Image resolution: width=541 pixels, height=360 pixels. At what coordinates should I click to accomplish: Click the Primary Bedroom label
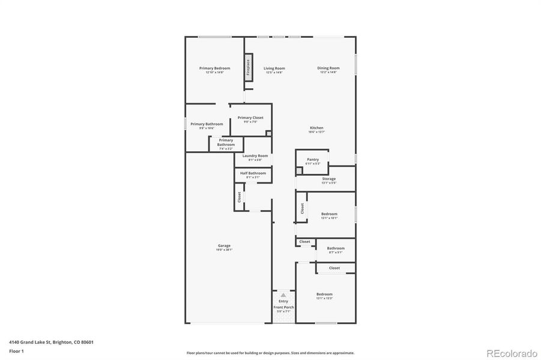tap(214, 68)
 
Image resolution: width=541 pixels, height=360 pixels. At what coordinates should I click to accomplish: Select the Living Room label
tap(274, 68)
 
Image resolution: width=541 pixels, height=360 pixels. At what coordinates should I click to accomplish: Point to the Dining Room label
tap(328, 68)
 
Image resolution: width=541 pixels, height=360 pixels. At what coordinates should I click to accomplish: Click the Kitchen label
tap(316, 128)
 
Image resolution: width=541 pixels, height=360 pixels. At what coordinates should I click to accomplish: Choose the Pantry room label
tap(313, 160)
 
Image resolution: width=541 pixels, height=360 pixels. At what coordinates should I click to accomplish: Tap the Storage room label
tap(328, 179)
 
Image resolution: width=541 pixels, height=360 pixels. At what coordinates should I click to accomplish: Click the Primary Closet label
tap(250, 118)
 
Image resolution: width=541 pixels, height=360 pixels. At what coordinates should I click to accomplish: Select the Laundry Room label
tap(255, 156)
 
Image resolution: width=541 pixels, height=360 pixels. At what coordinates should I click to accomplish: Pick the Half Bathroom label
tap(253, 173)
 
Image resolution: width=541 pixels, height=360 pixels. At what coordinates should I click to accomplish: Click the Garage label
tap(224, 246)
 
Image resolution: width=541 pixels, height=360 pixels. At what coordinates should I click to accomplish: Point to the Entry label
tap(283, 301)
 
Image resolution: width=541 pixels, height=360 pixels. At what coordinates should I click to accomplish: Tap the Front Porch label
tap(283, 307)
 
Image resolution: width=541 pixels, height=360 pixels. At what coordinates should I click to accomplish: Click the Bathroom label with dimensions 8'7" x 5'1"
tap(336, 248)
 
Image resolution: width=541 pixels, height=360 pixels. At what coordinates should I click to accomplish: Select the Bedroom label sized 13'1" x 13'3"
tap(324, 295)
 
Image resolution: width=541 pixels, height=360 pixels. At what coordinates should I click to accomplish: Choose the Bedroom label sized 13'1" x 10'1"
tap(329, 214)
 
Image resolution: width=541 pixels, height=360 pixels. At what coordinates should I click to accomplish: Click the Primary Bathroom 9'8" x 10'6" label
tap(207, 124)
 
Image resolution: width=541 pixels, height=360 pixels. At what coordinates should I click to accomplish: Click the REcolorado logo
tap(511, 353)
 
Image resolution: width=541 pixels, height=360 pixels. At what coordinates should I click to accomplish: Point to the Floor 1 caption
tap(17, 350)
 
